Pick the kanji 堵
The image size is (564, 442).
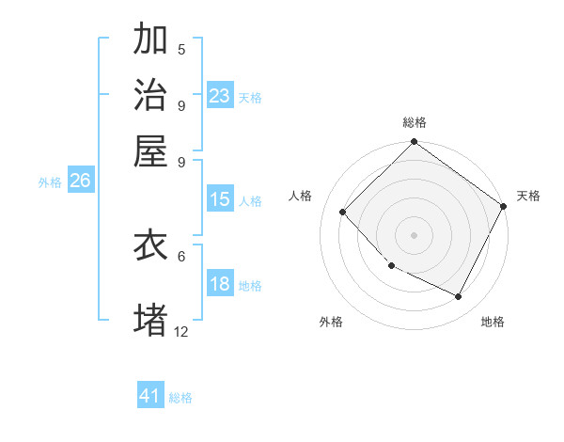(150, 318)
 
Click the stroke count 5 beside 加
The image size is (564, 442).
(181, 49)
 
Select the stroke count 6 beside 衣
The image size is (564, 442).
(181, 255)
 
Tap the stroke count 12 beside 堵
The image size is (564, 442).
(181, 330)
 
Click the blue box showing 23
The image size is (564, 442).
(220, 95)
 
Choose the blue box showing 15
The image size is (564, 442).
(220, 199)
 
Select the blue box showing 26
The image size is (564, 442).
(80, 182)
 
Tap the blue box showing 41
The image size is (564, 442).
(150, 396)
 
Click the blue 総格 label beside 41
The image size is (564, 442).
(180, 398)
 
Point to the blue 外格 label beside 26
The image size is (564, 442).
(50, 183)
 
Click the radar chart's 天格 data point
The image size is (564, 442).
(503, 206)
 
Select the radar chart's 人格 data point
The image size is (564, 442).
(343, 212)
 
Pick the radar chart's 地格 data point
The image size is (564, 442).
(459, 296)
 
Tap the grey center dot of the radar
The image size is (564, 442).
(414, 234)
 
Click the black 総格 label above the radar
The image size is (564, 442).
(415, 123)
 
